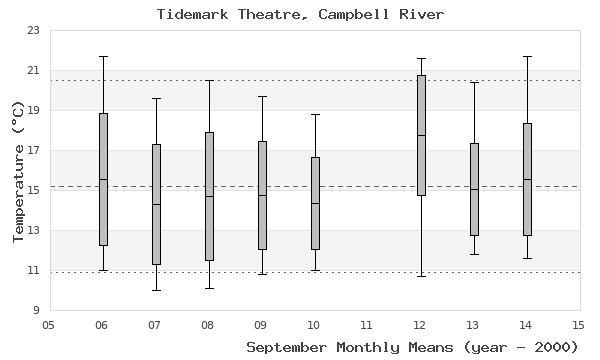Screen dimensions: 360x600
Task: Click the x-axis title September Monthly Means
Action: [x=412, y=347]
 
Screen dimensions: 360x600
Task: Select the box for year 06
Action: [x=102, y=179]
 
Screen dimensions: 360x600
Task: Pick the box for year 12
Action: [x=420, y=135]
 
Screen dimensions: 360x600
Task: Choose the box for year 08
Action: [x=208, y=196]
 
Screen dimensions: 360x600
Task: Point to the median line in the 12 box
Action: [x=420, y=135]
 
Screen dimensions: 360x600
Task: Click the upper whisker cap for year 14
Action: [x=526, y=56]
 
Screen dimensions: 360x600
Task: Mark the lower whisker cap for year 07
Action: [x=155, y=290]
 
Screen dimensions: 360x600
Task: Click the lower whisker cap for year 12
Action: [x=420, y=276]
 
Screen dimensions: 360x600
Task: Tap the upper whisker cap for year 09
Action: [x=261, y=96]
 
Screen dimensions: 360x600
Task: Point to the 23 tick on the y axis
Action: [x=33, y=30]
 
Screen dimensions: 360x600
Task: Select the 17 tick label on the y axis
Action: [x=33, y=151]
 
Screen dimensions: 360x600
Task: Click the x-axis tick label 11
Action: [x=367, y=324]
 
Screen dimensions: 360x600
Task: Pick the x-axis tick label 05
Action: [x=49, y=324]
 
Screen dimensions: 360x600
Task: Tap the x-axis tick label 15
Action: [x=578, y=324]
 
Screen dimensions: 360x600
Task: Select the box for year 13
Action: [x=473, y=189]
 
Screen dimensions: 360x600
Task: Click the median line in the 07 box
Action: [x=155, y=204]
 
